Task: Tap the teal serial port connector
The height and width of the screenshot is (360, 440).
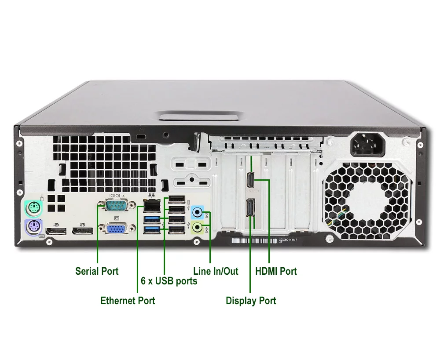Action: pos(113,205)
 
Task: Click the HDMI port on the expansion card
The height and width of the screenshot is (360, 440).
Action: pos(249,180)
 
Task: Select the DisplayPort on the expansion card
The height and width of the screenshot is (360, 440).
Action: pos(249,207)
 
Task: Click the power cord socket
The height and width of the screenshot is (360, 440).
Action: pos(367,144)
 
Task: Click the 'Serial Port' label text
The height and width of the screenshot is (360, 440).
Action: pos(97,271)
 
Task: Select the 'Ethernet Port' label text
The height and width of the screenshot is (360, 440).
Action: pos(128,301)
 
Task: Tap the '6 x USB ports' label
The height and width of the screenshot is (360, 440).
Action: pos(169,280)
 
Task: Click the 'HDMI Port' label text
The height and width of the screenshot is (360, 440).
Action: pos(276,271)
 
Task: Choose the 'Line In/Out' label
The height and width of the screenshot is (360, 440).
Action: pos(216,271)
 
